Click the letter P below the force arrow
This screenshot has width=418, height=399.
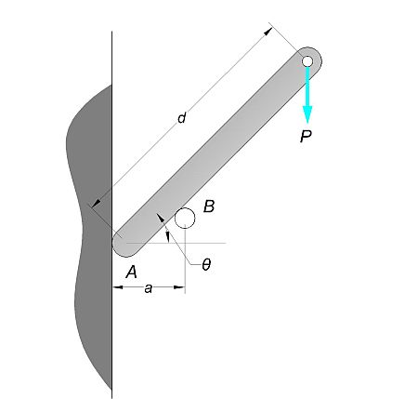[306, 136]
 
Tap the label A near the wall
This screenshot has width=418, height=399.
[131, 273]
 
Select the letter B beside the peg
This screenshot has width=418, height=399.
[209, 206]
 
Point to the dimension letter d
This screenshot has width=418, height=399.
[182, 118]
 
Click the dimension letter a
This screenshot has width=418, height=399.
[149, 288]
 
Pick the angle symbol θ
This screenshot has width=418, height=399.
[206, 265]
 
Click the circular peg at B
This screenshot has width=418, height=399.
[185, 218]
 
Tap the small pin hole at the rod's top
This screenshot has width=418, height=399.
[307, 61]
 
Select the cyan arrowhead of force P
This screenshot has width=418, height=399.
[307, 114]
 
